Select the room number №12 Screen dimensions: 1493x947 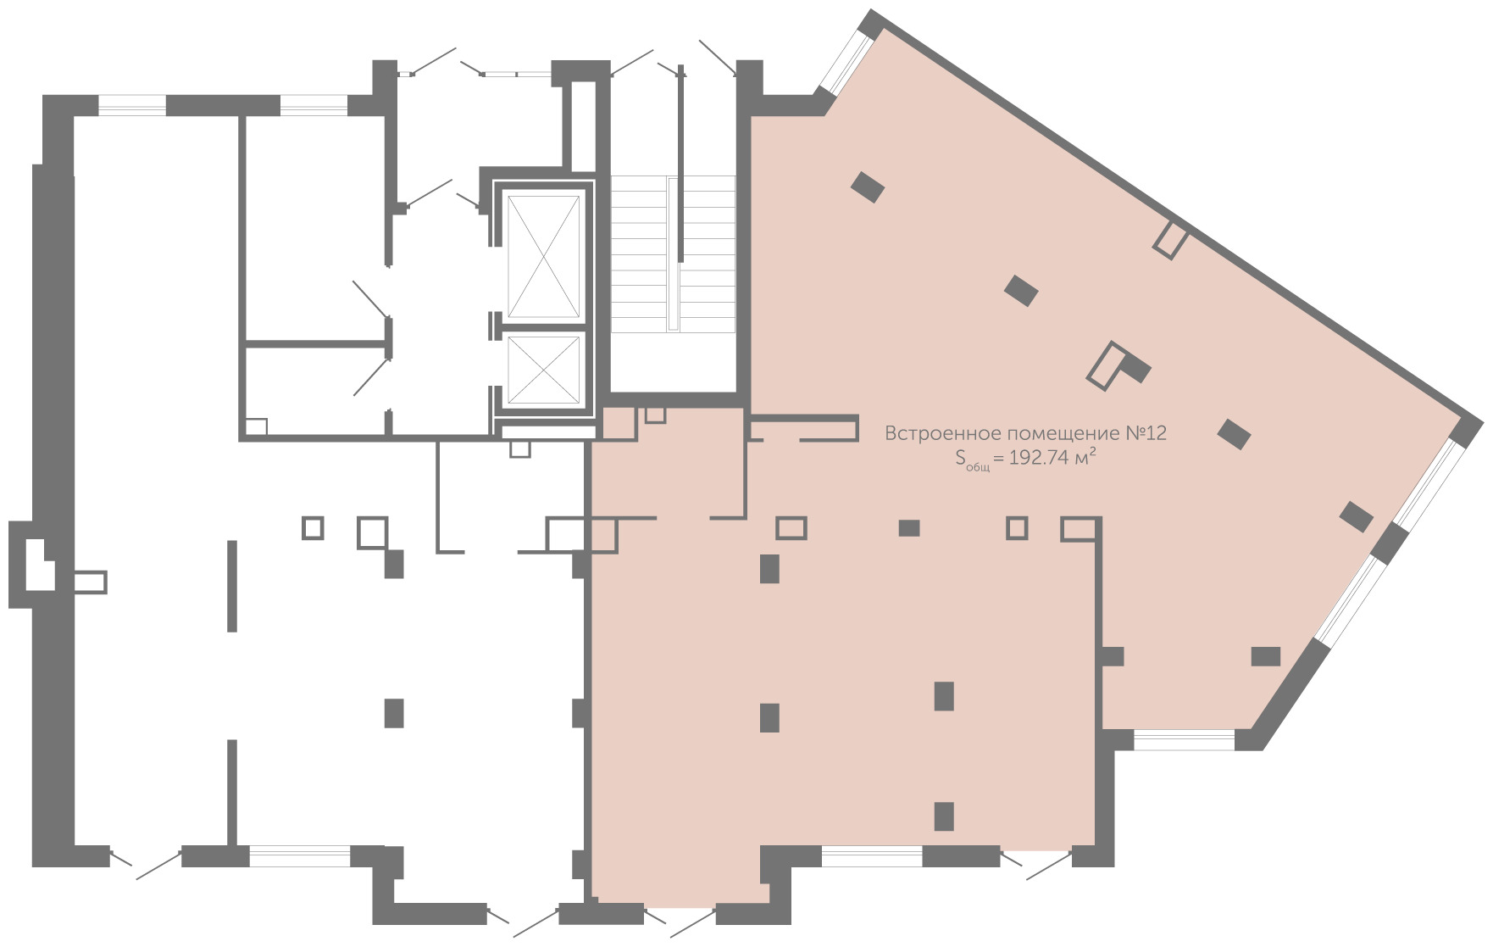[1146, 432]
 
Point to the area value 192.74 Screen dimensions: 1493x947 [1038, 459]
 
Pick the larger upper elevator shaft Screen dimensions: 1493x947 [543, 256]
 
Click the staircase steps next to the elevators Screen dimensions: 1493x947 [673, 253]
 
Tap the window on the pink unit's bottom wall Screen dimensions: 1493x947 [872, 856]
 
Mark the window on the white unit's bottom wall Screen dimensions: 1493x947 [300, 855]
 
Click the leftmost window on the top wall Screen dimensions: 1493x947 [132, 105]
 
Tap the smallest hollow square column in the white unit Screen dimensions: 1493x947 [313, 528]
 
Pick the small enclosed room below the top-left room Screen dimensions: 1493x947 [314, 391]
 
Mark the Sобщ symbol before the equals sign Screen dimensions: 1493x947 [972, 460]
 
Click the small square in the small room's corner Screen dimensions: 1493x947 [257, 427]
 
